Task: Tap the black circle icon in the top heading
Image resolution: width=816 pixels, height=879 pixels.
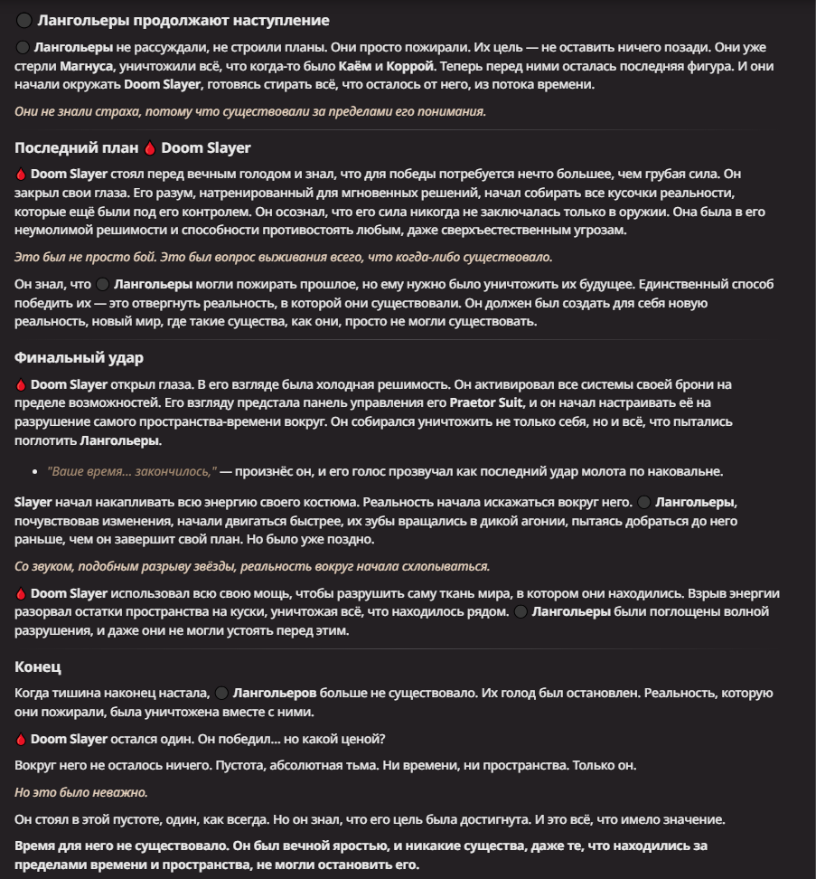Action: [x=24, y=21]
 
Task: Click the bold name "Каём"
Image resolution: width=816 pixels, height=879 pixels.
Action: [x=353, y=66]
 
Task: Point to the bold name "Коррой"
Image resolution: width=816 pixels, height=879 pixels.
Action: [x=411, y=66]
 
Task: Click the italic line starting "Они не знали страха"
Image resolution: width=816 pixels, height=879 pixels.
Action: [x=250, y=110]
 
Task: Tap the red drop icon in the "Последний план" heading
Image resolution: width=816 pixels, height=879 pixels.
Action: [x=150, y=148]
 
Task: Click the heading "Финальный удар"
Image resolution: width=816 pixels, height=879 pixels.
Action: [x=80, y=358]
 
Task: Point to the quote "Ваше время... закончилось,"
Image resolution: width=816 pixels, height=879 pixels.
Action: [x=132, y=472]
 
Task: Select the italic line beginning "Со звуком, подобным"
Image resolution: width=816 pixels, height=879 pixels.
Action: [x=252, y=566]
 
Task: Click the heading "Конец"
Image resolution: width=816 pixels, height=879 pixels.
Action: [x=38, y=667]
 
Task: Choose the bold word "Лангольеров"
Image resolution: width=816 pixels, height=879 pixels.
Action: [x=274, y=694]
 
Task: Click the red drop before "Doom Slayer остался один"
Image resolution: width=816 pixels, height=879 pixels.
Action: [x=22, y=739]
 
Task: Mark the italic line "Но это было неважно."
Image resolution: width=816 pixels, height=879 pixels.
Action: [x=81, y=792]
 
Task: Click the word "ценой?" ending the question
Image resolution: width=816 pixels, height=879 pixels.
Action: [x=364, y=739]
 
